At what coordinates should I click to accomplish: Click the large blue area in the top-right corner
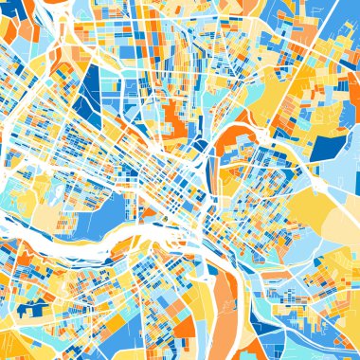[336, 19]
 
